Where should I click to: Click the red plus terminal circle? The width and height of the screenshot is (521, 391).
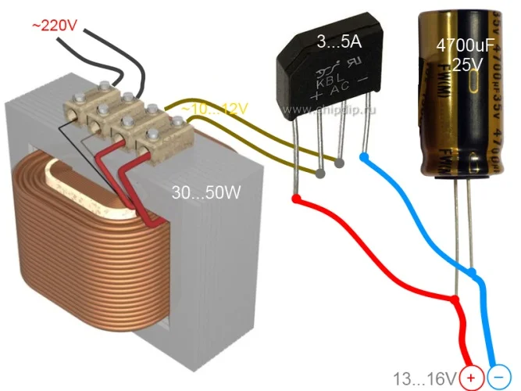pos(471,378)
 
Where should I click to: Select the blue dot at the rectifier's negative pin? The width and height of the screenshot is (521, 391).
pos(364,158)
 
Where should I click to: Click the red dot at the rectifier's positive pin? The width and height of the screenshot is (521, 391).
pos(296,200)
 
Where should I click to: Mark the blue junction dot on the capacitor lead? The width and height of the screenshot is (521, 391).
pos(474,272)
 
